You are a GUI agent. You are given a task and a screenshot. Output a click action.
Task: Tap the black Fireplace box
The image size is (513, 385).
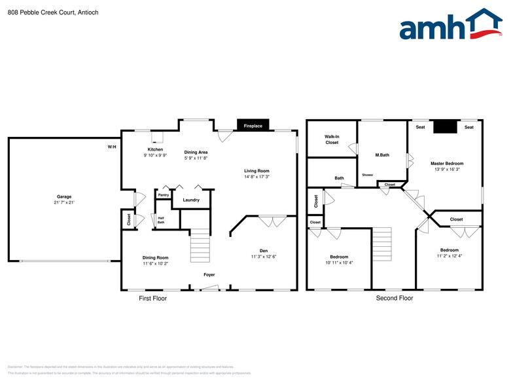point(253,126)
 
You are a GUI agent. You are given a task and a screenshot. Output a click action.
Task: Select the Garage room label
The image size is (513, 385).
point(64,196)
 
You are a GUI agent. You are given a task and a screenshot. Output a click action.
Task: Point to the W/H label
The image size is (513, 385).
point(112,147)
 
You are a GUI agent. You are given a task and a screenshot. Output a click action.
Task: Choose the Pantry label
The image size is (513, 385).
point(163,194)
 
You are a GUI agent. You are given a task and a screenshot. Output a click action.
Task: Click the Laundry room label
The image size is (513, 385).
point(191,200)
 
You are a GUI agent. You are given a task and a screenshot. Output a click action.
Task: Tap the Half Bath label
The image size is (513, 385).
point(161,220)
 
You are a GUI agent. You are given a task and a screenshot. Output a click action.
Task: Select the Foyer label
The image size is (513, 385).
point(209,274)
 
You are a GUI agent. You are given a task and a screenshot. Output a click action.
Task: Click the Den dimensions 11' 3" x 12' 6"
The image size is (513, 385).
point(264,256)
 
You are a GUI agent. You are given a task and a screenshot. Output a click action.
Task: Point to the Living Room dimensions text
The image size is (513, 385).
point(256,176)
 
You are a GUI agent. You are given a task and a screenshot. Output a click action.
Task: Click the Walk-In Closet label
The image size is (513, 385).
point(332,139)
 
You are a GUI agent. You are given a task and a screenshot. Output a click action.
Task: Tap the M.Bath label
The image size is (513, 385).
point(382,155)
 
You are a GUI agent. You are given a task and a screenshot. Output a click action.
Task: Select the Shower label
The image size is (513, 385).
point(368,175)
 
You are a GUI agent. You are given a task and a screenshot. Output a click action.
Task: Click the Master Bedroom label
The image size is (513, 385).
point(447,163)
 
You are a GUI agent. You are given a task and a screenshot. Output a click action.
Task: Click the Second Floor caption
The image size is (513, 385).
point(394,299)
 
